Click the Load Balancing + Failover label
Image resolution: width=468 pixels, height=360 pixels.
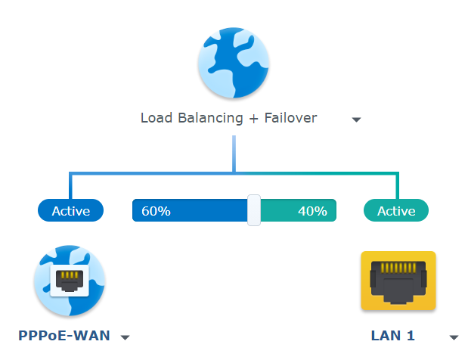[228, 118]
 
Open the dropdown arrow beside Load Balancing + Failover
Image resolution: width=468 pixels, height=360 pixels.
[356, 119]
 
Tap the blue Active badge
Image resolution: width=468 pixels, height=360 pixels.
[70, 211]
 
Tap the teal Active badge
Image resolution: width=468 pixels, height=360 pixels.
[396, 211]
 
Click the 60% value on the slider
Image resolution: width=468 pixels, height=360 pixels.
[156, 211]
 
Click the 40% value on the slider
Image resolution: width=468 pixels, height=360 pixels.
[311, 211]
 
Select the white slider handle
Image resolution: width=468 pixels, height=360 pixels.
[254, 210]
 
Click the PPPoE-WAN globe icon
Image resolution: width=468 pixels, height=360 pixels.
[70, 281]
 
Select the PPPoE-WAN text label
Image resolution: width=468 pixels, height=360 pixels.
[64, 336]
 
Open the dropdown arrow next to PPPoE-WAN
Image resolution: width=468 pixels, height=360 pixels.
[126, 337]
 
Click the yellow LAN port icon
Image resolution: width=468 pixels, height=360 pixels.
[398, 281]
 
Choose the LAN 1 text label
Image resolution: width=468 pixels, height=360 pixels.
[392, 336]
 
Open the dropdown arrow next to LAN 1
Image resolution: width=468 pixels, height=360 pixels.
[454, 337]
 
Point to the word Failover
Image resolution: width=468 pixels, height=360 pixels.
[291, 118]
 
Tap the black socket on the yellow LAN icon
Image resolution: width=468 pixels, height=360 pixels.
[398, 283]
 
